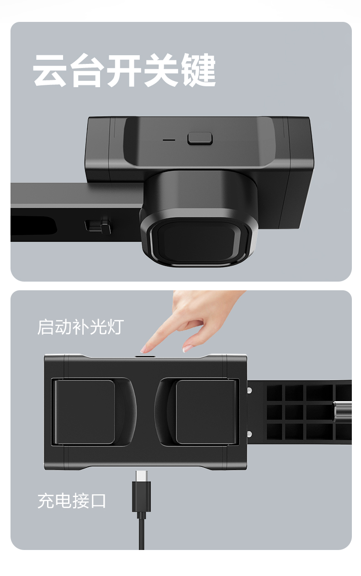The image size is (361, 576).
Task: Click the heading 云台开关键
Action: (124, 71)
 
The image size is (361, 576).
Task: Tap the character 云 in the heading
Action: (51, 71)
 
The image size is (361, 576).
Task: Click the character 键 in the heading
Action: (197, 71)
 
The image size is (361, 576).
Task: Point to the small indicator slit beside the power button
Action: (170, 139)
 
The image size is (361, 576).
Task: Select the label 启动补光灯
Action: (80, 327)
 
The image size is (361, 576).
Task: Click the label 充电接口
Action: (72, 501)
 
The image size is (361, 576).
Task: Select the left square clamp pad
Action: (85, 412)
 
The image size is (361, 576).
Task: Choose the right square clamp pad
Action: (206, 412)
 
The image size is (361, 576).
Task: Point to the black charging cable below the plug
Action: (142, 529)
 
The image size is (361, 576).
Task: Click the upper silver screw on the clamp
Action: (249, 390)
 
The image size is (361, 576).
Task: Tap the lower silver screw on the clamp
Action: (249, 433)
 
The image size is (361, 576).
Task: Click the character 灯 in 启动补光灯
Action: (115, 327)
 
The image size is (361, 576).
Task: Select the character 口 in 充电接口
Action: (98, 501)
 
